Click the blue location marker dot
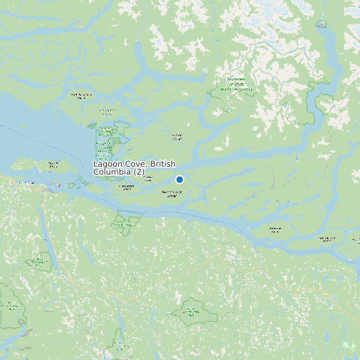pos(179,179)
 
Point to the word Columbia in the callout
pos(112,172)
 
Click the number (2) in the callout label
pos(138,172)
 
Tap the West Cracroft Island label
pos(172,194)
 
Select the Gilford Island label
pos(177,137)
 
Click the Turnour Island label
pos(150,178)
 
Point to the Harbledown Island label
pos(126,187)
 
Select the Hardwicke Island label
pos(275,230)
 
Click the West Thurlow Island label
pos(326,238)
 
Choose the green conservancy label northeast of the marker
pos(236,84)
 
